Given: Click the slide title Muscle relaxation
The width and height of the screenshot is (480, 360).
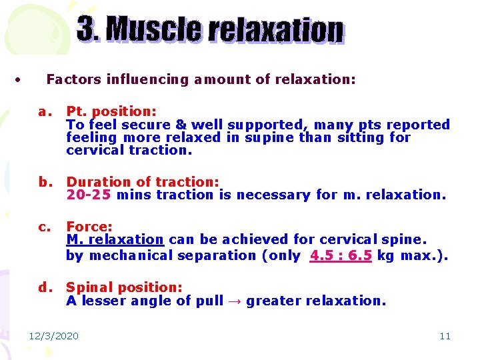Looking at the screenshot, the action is (x=211, y=31).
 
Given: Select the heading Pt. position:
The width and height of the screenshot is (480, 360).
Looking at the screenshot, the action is (x=111, y=111).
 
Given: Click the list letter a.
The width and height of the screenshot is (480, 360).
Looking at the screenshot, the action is (x=45, y=111).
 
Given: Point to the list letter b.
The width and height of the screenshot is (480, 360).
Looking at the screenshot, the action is (x=45, y=181).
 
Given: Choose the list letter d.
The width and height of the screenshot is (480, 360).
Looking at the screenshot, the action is (x=45, y=287).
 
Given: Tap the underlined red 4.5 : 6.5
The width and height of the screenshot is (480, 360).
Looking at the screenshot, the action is (x=341, y=255).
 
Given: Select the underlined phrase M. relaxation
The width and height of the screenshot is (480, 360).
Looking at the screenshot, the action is (x=115, y=239).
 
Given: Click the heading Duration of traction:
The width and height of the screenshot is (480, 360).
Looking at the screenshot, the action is (x=143, y=181).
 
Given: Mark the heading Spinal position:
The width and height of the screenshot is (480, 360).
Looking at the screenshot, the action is (x=124, y=287).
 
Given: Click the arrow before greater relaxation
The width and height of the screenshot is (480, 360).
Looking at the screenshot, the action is (x=235, y=301).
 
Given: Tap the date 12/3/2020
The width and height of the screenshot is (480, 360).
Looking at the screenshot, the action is (x=53, y=336).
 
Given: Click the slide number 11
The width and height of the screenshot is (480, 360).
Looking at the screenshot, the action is (x=445, y=336).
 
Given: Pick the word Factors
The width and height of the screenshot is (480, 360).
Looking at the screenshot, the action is (x=71, y=79).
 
